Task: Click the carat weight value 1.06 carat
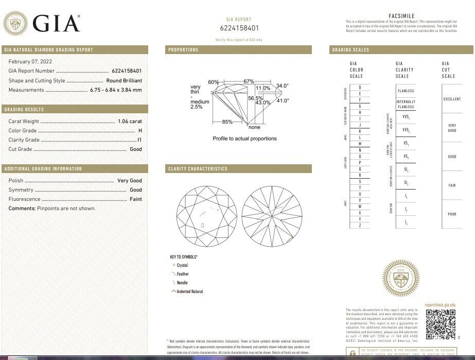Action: (129, 122)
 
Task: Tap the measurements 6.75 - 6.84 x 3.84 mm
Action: (116, 90)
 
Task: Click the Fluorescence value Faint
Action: (135, 199)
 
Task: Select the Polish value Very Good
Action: (129, 181)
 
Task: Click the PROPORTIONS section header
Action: (183, 50)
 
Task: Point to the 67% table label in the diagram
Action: (249, 81)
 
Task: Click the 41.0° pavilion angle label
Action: (283, 100)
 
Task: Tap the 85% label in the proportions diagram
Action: (227, 122)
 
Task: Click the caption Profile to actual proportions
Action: (244, 139)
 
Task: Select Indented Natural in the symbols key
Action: (189, 292)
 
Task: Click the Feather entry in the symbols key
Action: (182, 274)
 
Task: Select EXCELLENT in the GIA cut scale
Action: (452, 99)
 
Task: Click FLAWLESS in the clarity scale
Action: (406, 91)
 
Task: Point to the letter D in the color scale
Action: (360, 87)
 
